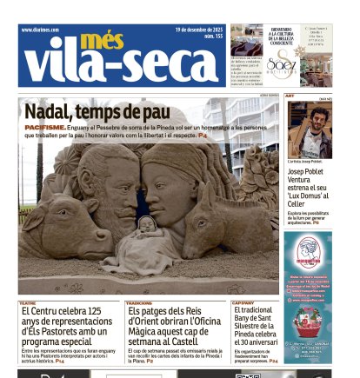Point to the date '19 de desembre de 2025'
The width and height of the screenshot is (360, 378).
(198, 29)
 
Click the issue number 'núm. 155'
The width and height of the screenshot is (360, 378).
(212, 36)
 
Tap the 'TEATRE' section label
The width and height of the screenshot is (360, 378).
(28, 303)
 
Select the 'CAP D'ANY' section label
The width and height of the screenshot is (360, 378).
(243, 303)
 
